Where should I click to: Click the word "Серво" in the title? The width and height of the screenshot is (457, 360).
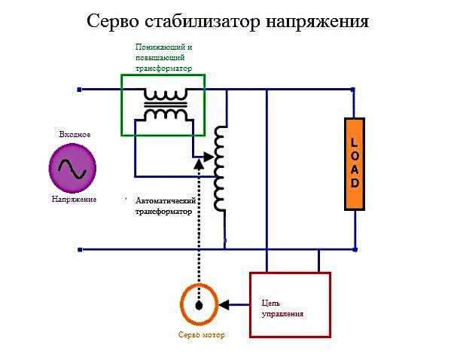pos(112,21)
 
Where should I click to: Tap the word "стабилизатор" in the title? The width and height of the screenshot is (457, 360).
pos(202,21)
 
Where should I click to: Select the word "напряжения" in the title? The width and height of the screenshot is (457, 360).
pos(317,23)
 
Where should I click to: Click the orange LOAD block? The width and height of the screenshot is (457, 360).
pos(355,164)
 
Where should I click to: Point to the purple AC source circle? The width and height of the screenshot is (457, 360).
pos(72,168)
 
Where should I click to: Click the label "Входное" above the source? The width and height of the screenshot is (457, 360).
pos(75,134)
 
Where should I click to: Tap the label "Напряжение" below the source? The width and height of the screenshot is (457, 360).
pos(74,200)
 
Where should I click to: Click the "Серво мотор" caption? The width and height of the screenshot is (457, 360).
pos(201,334)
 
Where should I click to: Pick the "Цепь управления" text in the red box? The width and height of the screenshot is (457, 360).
pos(282,308)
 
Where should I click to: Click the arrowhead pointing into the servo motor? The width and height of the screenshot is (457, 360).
pos(224,305)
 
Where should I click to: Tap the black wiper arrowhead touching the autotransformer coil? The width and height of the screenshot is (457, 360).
pos(209,157)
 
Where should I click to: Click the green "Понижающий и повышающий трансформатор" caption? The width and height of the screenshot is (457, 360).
pos(164,58)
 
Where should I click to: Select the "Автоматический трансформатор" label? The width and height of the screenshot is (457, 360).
pos(166,206)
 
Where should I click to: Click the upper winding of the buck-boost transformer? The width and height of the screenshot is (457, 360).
pos(166,95)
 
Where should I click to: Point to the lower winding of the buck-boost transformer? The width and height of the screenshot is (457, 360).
pos(166,114)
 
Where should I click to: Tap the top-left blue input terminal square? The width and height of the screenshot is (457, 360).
pos(79,90)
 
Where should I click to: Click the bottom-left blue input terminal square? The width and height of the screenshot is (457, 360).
pos(80,249)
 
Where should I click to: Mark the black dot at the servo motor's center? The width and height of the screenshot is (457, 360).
pos(199,306)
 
